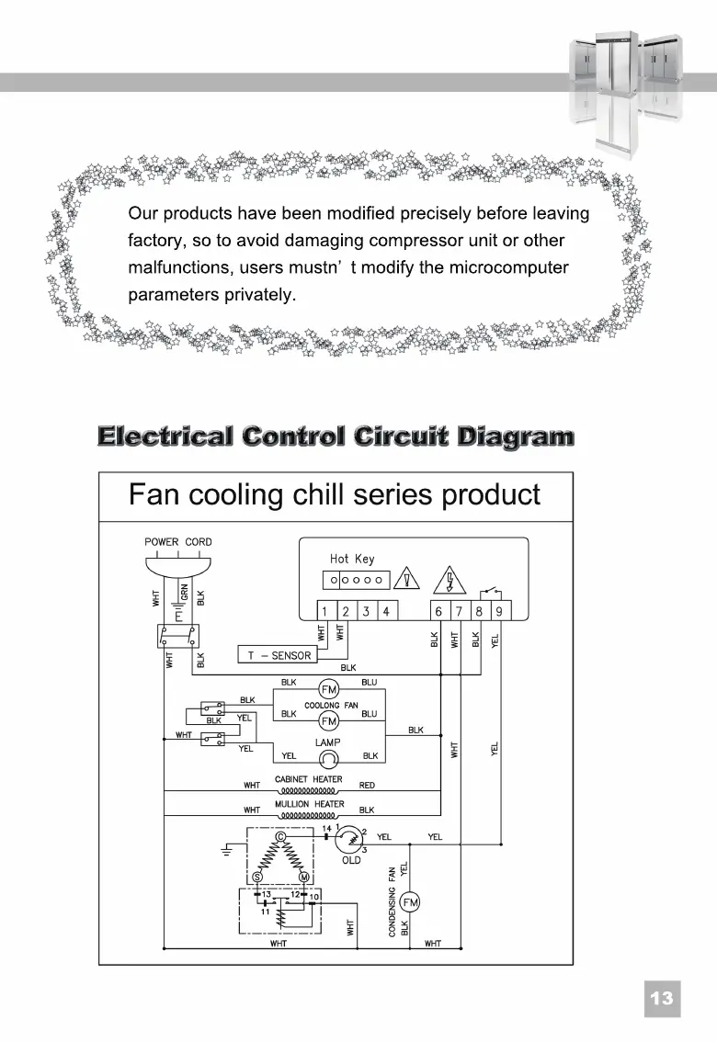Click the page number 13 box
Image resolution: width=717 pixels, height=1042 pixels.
662,998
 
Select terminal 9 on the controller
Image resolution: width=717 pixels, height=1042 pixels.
498,612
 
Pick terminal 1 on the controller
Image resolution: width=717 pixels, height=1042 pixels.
325,612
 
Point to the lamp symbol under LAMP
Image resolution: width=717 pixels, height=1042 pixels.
328,757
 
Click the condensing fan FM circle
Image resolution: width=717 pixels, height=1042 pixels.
410,901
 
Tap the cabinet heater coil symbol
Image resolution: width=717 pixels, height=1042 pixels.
309,789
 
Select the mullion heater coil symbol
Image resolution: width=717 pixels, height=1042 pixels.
309,814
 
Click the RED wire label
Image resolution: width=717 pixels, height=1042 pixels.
367,786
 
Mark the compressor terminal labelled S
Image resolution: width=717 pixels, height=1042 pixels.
256,878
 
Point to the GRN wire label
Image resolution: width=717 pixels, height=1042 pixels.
185,593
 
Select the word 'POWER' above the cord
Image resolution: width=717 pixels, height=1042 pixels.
162,542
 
